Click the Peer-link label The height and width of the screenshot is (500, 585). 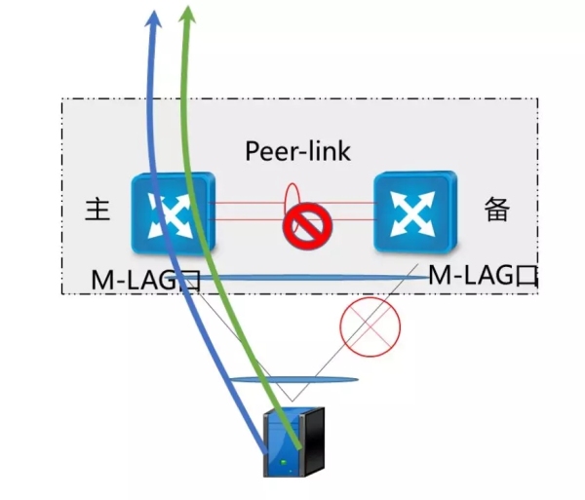pyautogui.click(x=297, y=151)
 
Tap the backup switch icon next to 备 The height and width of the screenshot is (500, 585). pyautogui.click(x=414, y=211)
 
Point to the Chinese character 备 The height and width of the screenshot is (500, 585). pyautogui.click(x=497, y=211)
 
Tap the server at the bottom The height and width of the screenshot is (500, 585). pyautogui.click(x=295, y=444)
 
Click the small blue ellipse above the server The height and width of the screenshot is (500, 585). pyautogui.click(x=292, y=379)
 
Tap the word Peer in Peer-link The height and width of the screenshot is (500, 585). pyautogui.click(x=270, y=151)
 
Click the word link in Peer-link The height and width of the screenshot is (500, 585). pyautogui.click(x=327, y=151)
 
